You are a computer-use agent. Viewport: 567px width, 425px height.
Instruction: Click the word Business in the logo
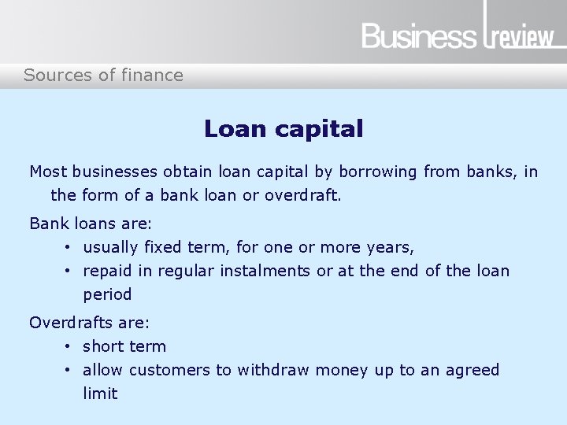point(419,36)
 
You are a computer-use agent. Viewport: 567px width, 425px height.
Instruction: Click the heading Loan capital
point(283,128)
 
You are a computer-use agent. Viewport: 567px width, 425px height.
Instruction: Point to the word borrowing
point(381,171)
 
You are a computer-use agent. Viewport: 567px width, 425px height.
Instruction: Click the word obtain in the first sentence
point(187,171)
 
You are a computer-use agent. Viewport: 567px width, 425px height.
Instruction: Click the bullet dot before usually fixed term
point(69,247)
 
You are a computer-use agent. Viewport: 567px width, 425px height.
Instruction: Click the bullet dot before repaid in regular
point(69,271)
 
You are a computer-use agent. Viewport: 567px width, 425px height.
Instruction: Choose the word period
point(107,295)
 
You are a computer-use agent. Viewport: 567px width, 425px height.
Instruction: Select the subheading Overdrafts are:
point(89,323)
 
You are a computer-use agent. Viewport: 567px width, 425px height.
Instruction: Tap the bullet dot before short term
point(69,346)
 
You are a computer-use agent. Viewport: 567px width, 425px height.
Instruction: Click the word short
point(103,346)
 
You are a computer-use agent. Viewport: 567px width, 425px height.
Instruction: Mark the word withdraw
point(275,370)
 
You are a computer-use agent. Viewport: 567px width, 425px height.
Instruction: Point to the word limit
point(100,394)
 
